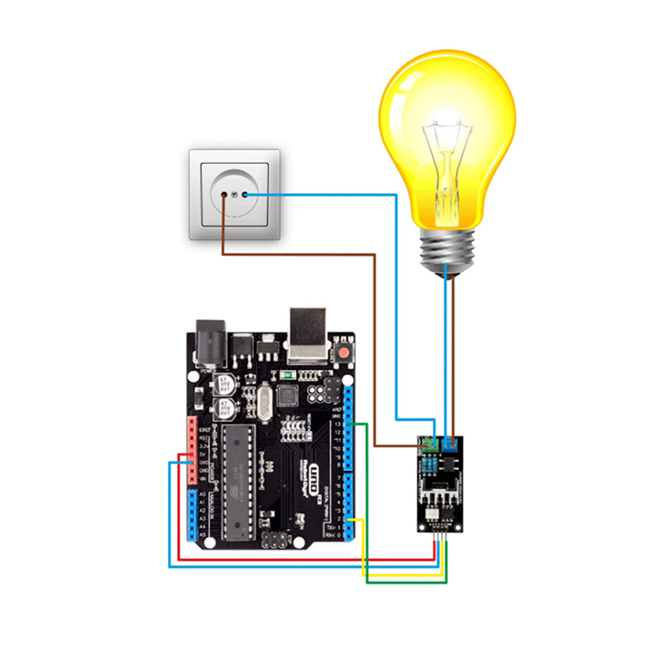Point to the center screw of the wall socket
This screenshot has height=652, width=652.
(234, 195)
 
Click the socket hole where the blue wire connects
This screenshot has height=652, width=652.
(244, 195)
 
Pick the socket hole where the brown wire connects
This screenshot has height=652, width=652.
(223, 195)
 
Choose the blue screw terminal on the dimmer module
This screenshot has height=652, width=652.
(448, 445)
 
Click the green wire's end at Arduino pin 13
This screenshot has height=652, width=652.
(350, 424)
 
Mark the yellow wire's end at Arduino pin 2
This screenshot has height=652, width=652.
(350, 520)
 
